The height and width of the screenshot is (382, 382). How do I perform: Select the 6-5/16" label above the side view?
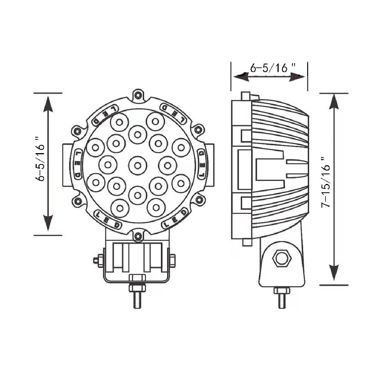pyautogui.click(x=273, y=68)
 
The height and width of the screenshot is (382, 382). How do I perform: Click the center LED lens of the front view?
pyautogui.click(x=138, y=165)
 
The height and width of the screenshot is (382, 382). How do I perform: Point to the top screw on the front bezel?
pyautogui.click(x=138, y=95)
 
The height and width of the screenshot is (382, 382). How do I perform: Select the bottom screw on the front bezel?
pyautogui.click(x=138, y=236)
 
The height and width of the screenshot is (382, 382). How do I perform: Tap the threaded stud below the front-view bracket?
pyautogui.click(x=137, y=300)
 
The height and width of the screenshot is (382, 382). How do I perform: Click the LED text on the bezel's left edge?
pyautogui.click(x=77, y=165)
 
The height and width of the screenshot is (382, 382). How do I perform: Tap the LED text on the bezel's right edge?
pyautogui.click(x=202, y=165)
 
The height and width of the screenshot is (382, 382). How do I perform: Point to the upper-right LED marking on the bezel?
pyautogui.click(x=173, y=113)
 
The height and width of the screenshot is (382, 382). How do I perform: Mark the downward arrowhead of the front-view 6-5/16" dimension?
pyautogui.click(x=48, y=223)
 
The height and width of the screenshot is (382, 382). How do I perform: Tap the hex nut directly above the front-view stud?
pyautogui.click(x=137, y=278)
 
